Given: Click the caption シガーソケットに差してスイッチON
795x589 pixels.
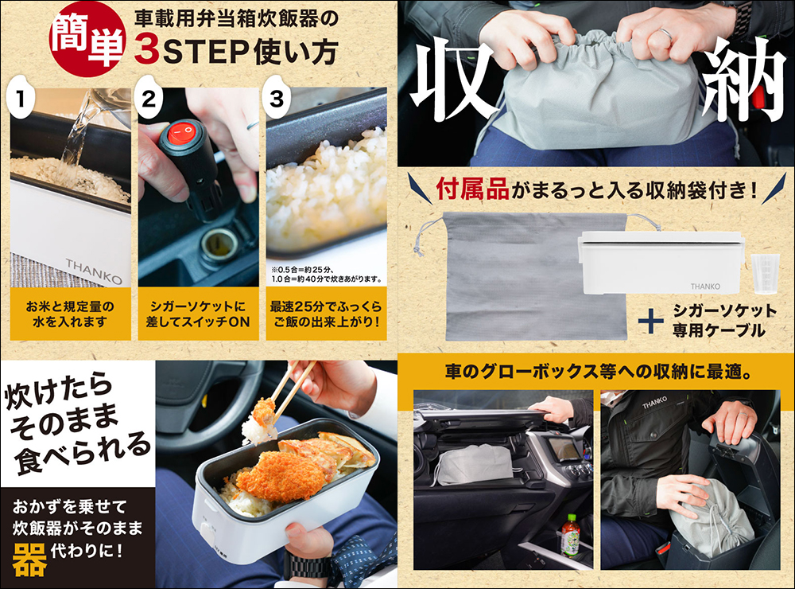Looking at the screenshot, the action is coord(198,314).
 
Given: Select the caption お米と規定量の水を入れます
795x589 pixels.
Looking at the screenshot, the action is coord(70,314).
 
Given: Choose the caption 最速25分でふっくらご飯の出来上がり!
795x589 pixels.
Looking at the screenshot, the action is coord(326,314).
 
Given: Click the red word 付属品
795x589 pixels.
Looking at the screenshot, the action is coord(472,190).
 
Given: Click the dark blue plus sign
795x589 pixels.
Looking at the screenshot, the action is coord(650,321).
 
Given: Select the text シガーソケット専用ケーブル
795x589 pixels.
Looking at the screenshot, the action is coord(724,321).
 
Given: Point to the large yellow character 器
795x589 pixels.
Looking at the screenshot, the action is coord(29,560).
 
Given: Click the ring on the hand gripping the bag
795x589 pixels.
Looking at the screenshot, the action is coord(666,33).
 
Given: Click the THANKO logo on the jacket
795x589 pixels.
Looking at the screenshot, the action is coord(654,403).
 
